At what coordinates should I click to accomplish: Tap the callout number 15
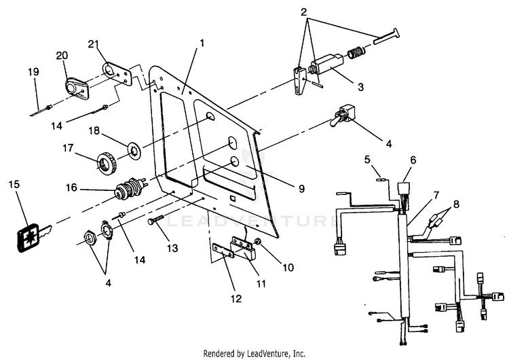click(x=14, y=185)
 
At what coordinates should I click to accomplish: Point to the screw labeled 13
click(x=155, y=221)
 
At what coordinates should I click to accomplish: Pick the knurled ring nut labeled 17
click(x=105, y=163)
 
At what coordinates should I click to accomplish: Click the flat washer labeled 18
click(x=136, y=147)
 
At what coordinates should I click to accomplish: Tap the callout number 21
click(x=94, y=45)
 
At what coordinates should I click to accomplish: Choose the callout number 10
click(x=288, y=268)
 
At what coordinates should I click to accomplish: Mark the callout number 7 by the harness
click(x=436, y=195)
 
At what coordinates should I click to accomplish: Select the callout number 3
click(x=361, y=88)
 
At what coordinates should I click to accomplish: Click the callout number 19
click(x=33, y=71)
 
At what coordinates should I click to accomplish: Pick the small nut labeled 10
click(x=259, y=242)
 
